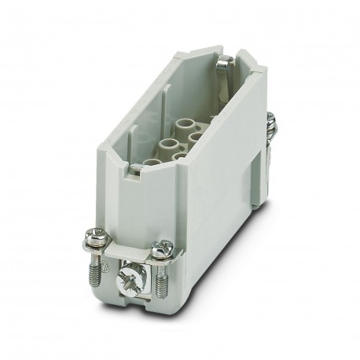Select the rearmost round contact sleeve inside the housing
coord(188,123)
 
